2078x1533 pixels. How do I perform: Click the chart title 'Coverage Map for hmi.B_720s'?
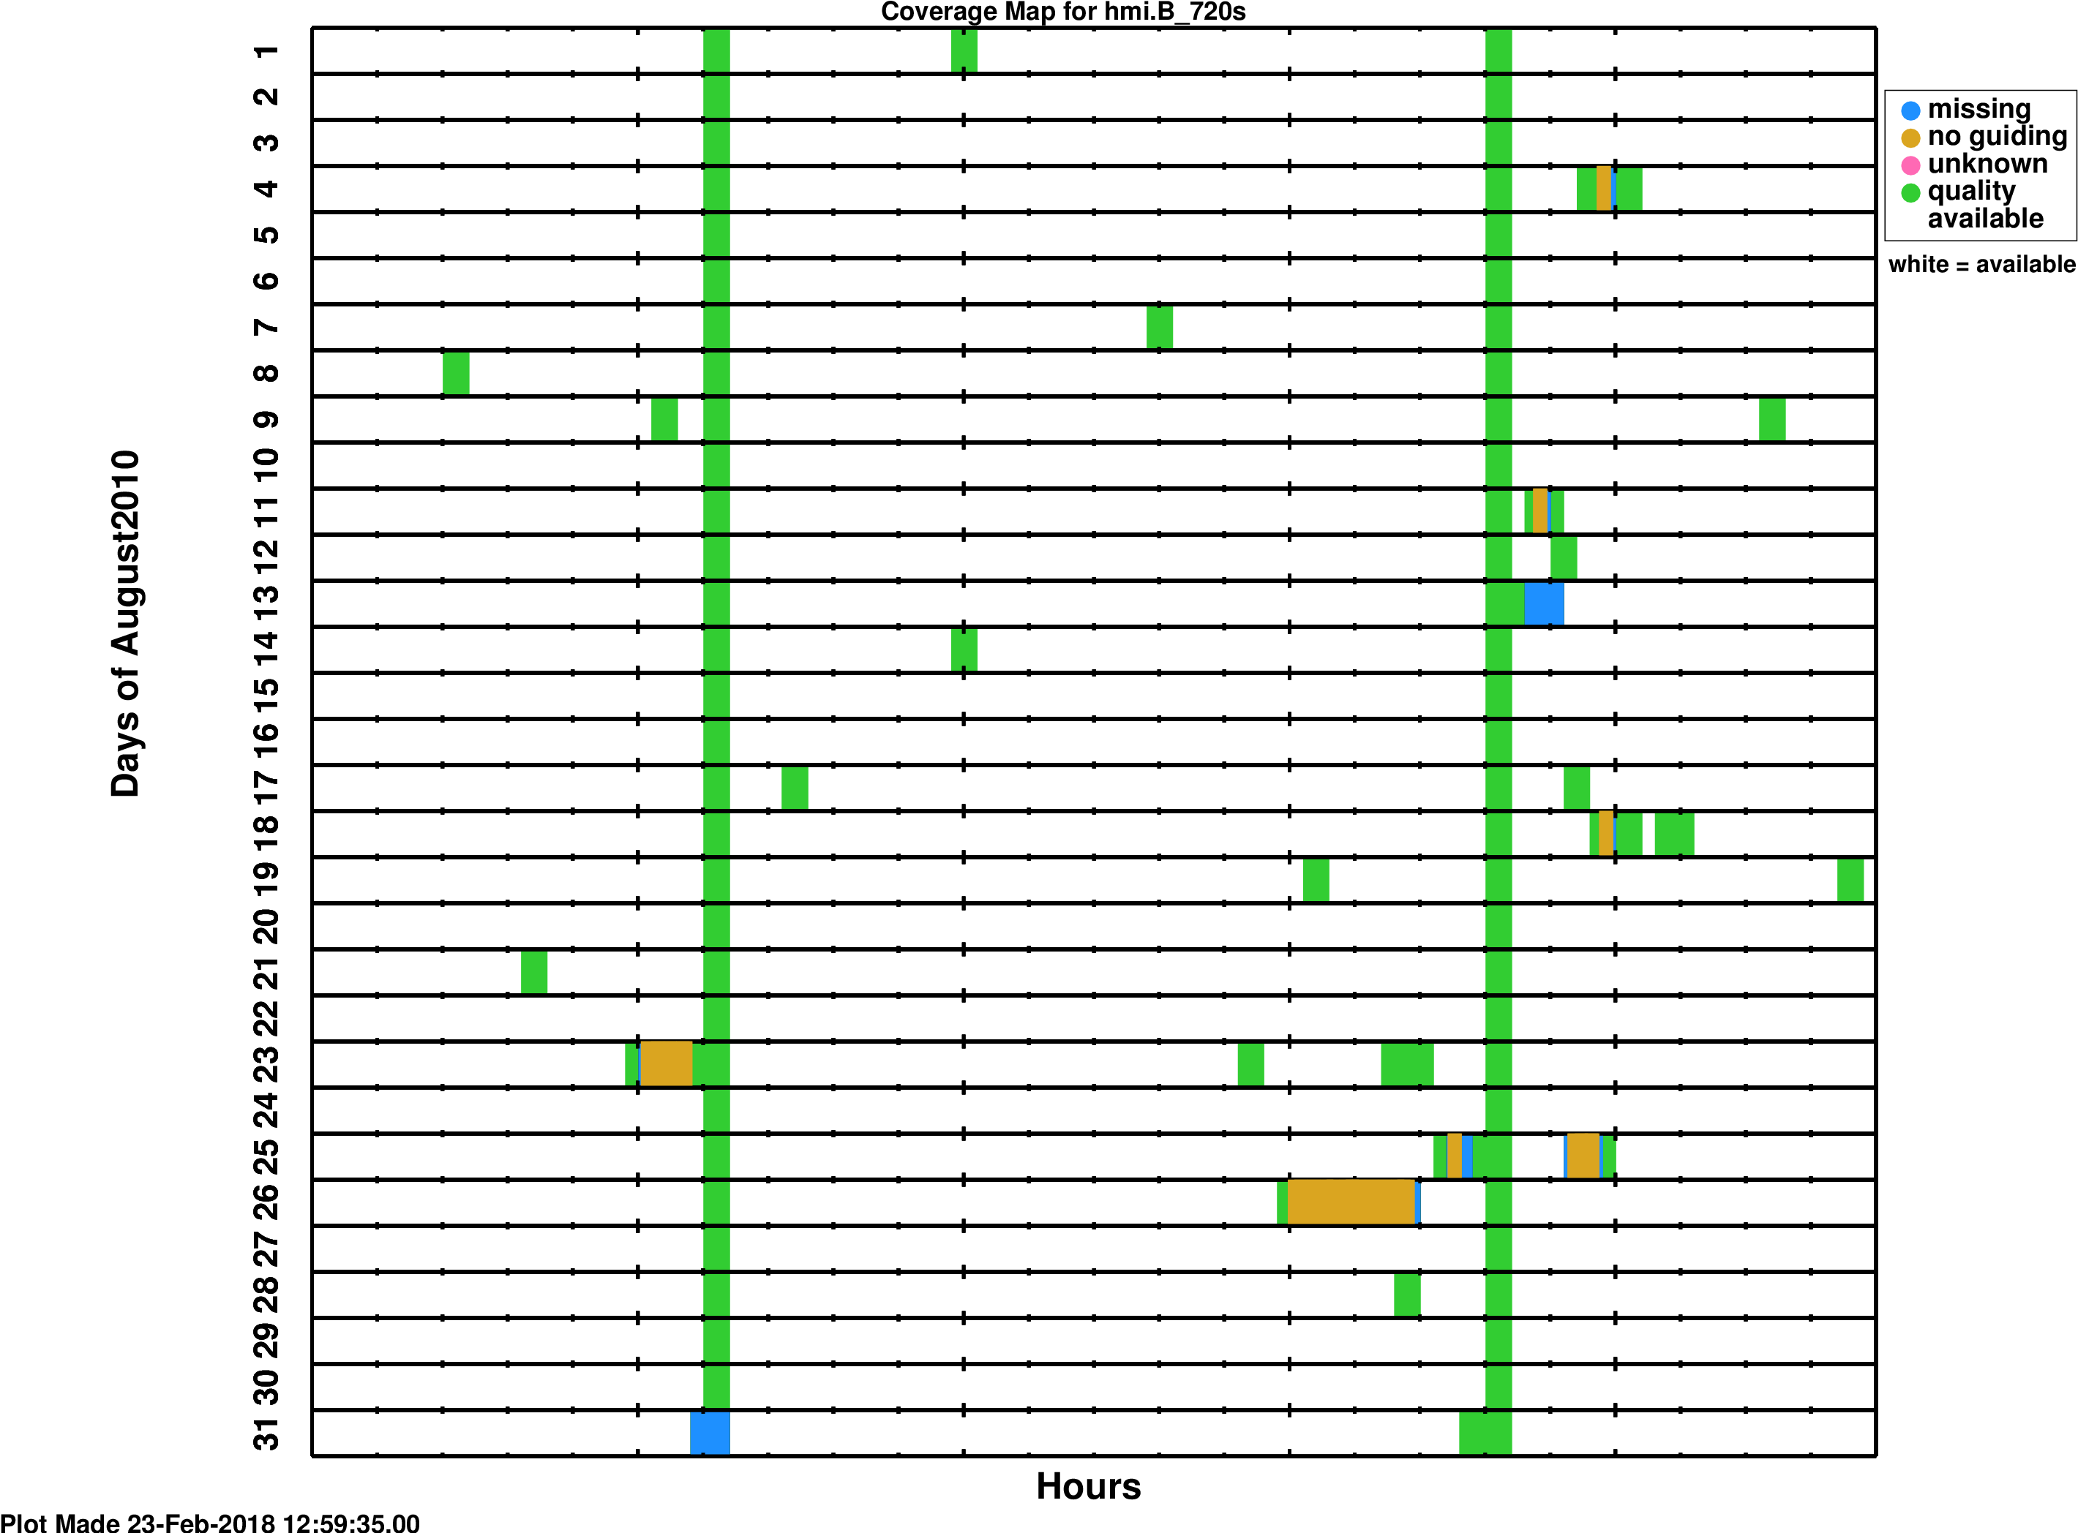pos(1062,12)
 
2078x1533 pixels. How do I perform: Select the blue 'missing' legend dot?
pos(1910,110)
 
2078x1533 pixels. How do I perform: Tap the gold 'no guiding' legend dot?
pos(1910,138)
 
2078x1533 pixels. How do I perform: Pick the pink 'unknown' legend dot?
pos(1910,166)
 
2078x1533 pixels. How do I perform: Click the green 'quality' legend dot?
pos(1910,193)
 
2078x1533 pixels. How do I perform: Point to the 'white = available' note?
pos(1981,265)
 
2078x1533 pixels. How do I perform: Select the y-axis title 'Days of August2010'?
pos(125,625)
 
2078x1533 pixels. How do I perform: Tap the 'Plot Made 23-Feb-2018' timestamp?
pos(210,1522)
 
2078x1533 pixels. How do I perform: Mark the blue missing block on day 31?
pos(710,1433)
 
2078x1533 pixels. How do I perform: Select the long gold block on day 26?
pos(1351,1202)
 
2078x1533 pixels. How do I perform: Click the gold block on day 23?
pos(667,1063)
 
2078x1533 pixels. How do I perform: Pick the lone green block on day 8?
pos(456,373)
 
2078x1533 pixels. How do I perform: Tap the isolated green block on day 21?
pos(533,971)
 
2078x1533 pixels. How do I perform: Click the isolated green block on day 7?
pos(1159,327)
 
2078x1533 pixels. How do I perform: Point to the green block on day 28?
pos(1407,1295)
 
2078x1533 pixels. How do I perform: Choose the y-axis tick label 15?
pos(266,688)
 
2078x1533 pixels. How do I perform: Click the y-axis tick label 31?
pos(266,1433)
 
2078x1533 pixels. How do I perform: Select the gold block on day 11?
pos(1539,511)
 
